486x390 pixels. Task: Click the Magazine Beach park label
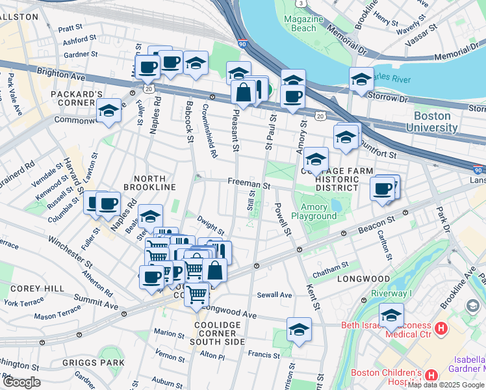point(303,24)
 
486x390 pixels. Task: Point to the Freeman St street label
point(248,185)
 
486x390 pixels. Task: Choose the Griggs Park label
point(103,362)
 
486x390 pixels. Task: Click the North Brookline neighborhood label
point(155,183)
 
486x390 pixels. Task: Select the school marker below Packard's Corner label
point(109,112)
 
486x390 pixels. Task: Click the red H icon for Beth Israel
point(442,329)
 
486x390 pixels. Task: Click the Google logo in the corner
point(21,382)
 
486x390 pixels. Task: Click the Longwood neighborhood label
point(363,279)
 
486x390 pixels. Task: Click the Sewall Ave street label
point(275,294)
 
